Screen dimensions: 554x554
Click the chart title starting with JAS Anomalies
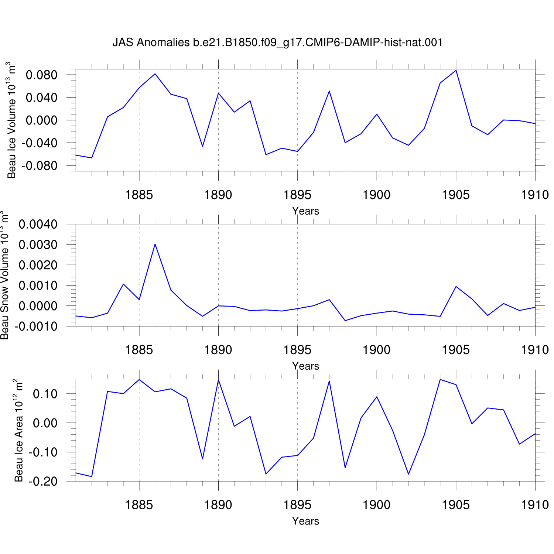(277, 42)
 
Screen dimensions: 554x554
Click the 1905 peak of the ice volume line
(456, 70)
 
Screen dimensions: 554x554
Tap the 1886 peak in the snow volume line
(155, 244)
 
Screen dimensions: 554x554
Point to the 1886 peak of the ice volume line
(155, 74)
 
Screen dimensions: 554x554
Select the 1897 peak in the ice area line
(329, 381)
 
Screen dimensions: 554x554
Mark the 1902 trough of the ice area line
(408, 474)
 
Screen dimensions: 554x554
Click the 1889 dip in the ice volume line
(202, 147)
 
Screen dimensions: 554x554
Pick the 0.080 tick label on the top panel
(42, 75)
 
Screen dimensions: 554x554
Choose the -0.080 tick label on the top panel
(40, 166)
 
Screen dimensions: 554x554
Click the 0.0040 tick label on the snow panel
(38, 224)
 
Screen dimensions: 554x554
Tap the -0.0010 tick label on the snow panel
(36, 326)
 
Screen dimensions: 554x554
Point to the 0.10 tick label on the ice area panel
(45, 394)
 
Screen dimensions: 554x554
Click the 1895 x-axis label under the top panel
(297, 195)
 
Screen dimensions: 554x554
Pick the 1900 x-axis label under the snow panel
(377, 350)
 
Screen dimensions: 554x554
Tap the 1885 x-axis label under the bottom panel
(139, 505)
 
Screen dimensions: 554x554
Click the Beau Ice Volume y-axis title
(11, 120)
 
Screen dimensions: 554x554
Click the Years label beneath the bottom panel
(305, 521)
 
